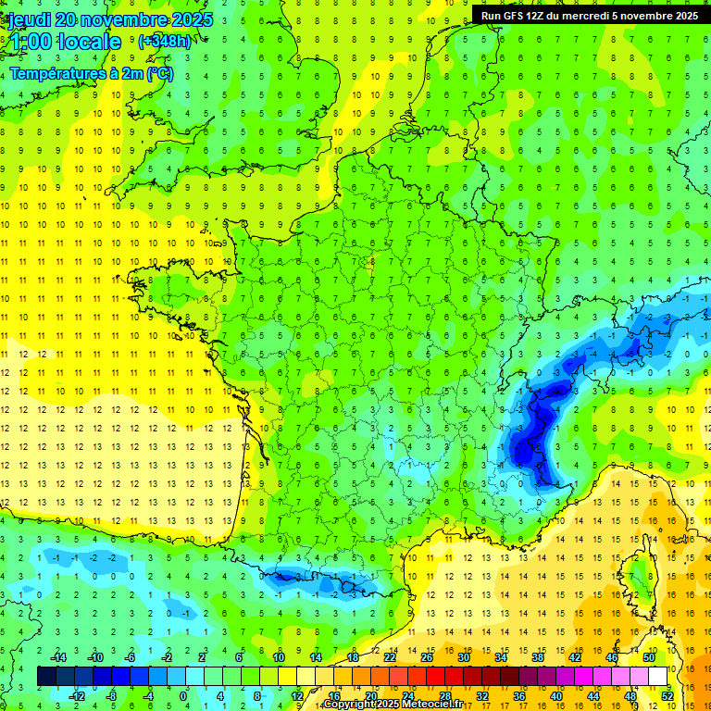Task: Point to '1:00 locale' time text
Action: [65, 42]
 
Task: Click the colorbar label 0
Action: [183, 695]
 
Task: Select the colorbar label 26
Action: [426, 656]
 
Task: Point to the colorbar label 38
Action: [537, 656]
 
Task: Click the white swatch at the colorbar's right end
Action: [657, 676]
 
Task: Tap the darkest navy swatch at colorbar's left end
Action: [46, 676]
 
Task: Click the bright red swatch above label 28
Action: [444, 676]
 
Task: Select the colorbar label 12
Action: [296, 695]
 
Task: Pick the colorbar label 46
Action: [611, 656]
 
